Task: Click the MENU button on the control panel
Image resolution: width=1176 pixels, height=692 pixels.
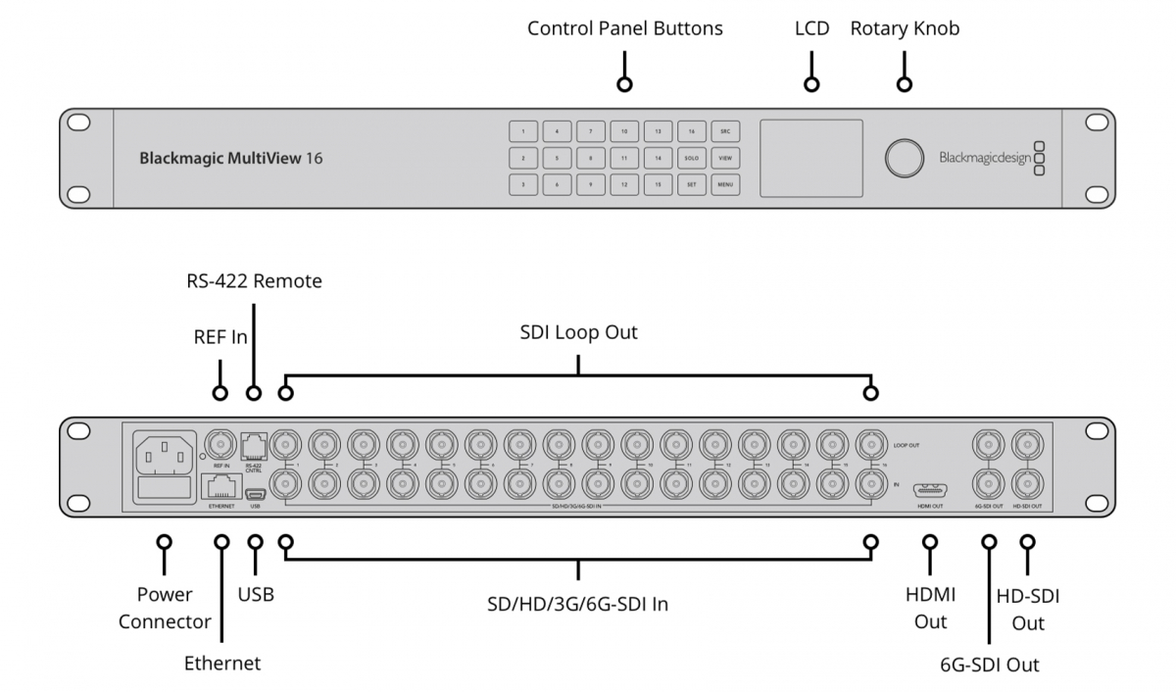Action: coord(725,183)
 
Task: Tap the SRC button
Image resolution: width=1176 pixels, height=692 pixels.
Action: coord(725,131)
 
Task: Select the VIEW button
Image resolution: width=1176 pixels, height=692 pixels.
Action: coord(725,157)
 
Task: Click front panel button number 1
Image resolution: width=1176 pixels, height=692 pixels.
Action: coord(523,131)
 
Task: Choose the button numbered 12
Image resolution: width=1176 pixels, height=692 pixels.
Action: coord(624,183)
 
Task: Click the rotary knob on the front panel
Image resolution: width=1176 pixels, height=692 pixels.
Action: coord(905,158)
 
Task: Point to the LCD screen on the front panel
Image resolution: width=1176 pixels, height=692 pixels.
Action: coord(811,158)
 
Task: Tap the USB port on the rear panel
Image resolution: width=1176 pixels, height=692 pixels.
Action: coord(255,494)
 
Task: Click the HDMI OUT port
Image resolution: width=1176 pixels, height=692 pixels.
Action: coord(930,490)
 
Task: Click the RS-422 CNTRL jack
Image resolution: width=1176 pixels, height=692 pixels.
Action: coord(254,445)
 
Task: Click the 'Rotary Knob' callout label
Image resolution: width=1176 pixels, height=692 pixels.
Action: coord(905,28)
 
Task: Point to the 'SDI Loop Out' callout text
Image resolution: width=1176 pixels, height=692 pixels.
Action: coord(578,332)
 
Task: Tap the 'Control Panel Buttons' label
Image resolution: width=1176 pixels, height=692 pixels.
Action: coord(624,28)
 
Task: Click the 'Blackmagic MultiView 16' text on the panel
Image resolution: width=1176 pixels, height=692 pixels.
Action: coord(231,157)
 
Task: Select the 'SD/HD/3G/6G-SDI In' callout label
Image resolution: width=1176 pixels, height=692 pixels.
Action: coord(577,604)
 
